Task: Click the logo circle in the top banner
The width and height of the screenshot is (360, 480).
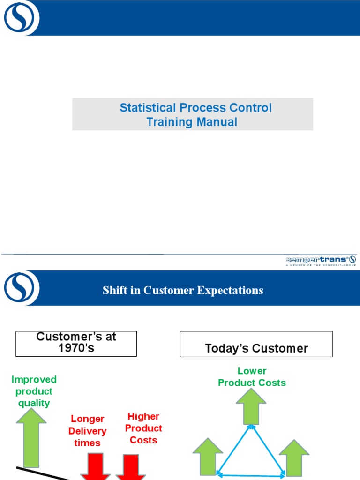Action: click(19, 18)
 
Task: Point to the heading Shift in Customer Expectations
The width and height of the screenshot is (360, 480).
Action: click(183, 290)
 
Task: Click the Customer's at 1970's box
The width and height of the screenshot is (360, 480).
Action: click(76, 344)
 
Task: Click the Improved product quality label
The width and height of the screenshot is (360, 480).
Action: click(34, 391)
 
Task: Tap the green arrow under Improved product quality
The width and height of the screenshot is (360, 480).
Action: click(31, 436)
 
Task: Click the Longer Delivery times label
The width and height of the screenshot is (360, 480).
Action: click(87, 431)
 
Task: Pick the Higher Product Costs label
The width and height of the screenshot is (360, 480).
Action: click(143, 428)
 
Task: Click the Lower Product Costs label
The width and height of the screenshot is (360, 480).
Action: click(252, 377)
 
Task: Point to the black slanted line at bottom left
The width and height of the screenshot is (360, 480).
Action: click(45, 473)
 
